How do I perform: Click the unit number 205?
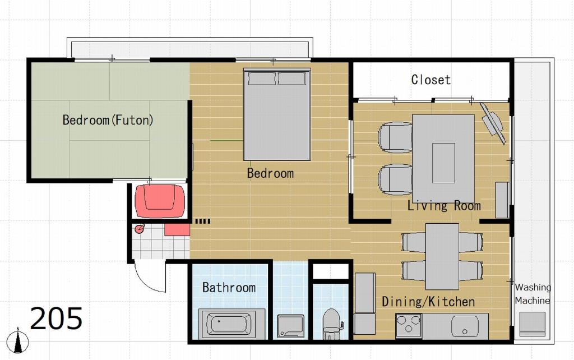pyautogui.click(x=56, y=319)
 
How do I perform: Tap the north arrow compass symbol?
pyautogui.click(x=18, y=340)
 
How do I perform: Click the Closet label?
pyautogui.click(x=430, y=80)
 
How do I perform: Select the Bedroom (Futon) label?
pyautogui.click(x=108, y=120)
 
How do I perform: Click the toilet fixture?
pyautogui.click(x=332, y=324)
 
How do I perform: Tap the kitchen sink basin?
pyautogui.click(x=465, y=326)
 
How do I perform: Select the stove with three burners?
pyautogui.click(x=409, y=325)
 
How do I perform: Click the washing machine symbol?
pyautogui.click(x=533, y=324)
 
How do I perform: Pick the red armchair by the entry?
pyautogui.click(x=160, y=201)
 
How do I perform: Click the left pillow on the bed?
pyautogui.click(x=262, y=79)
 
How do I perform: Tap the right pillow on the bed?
pyautogui.click(x=291, y=79)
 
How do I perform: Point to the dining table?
pyautogui.click(x=442, y=256)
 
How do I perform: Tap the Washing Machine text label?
pyautogui.click(x=533, y=294)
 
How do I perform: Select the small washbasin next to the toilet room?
pyautogui.click(x=291, y=326)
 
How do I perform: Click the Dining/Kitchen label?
pyautogui.click(x=428, y=302)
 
